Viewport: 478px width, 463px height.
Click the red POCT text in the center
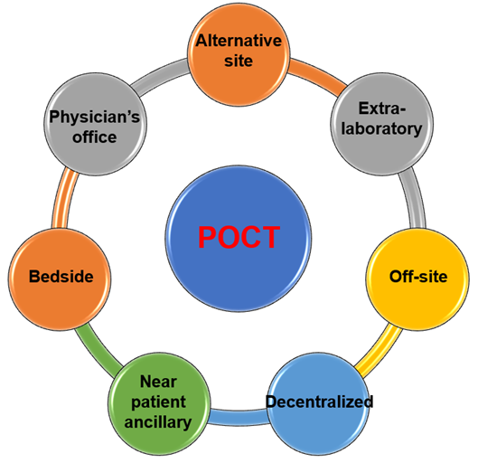coord(239,237)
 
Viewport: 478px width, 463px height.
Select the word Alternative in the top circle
coord(239,41)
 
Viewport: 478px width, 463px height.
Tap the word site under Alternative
coord(239,61)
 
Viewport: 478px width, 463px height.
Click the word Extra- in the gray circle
coord(382,109)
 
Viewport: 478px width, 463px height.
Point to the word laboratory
coord(381,128)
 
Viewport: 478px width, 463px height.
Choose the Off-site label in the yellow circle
coord(418,277)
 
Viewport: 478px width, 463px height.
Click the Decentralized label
coord(319,402)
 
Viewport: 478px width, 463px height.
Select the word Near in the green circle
coord(158,382)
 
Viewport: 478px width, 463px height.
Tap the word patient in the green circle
coord(158,402)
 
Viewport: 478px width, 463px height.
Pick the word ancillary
coord(158,422)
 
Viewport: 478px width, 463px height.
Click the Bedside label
coord(61,277)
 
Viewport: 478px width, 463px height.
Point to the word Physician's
coord(95,117)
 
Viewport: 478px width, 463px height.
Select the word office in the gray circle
coord(95,137)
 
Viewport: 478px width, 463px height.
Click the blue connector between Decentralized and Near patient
coord(239,417)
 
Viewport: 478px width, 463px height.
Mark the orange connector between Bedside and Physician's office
coord(64,199)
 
